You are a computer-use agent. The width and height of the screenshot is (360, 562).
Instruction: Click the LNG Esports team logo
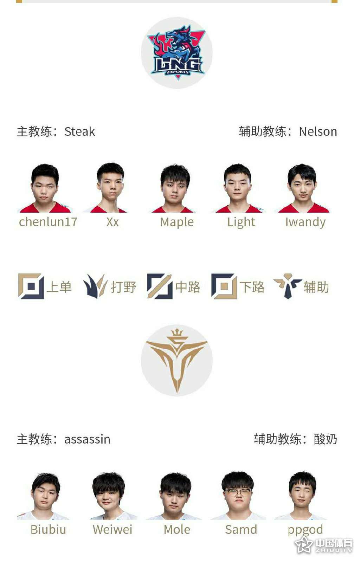click(177, 53)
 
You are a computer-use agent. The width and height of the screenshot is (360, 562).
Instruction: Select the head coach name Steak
click(79, 131)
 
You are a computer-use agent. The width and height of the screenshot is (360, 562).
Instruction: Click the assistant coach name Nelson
click(318, 131)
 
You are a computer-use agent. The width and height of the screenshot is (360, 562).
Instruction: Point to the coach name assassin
click(87, 440)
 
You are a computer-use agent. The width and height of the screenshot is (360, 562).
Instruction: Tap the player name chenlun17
click(48, 222)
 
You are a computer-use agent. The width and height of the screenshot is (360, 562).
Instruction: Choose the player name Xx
click(112, 222)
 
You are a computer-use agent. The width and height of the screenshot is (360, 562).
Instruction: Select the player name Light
click(241, 222)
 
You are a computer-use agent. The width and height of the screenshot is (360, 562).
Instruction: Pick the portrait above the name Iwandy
click(302, 188)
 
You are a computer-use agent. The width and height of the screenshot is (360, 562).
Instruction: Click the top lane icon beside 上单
click(31, 286)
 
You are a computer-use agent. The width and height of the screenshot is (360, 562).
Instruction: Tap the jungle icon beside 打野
click(95, 286)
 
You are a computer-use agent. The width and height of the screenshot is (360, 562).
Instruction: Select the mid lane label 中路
click(187, 287)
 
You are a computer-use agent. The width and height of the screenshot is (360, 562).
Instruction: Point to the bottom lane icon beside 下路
click(224, 286)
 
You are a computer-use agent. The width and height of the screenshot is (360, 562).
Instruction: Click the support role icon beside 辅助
click(288, 286)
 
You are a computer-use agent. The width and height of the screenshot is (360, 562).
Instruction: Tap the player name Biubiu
click(48, 530)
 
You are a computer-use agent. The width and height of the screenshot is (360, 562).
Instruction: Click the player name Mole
click(177, 530)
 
